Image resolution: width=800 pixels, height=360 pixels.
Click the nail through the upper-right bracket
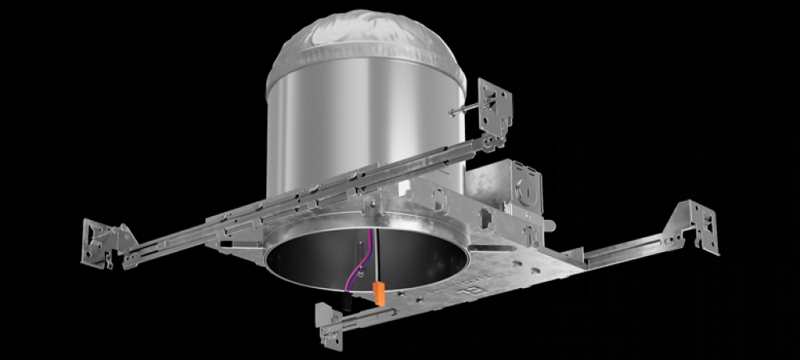[464, 113]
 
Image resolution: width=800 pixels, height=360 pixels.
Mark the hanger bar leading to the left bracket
[200, 232]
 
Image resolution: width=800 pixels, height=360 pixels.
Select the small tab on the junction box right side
[552, 226]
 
